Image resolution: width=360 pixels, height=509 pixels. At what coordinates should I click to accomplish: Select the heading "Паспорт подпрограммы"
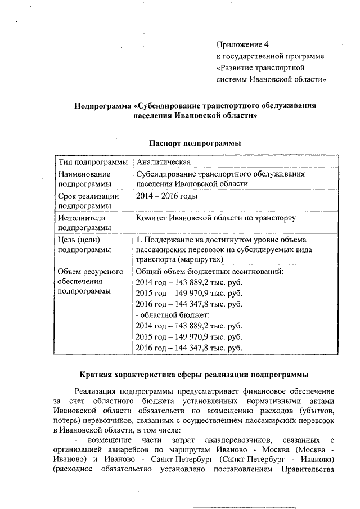195,143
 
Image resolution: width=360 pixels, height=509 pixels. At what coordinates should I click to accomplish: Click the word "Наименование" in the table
85,174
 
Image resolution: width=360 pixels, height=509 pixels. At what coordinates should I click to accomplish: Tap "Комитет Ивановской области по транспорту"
215,218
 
